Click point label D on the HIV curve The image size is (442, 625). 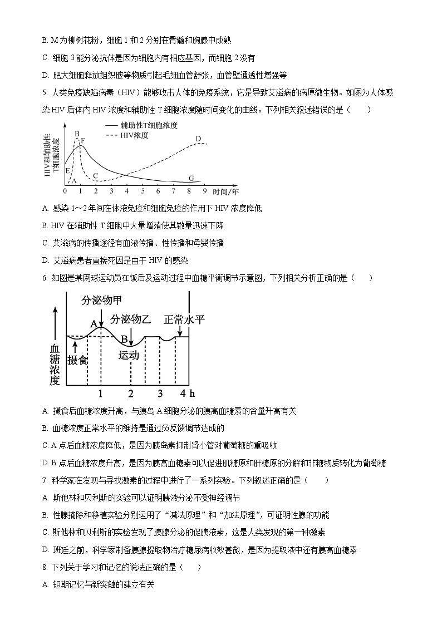click(198, 139)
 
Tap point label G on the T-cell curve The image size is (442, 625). click(190, 178)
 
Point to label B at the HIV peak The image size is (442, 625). click(77, 134)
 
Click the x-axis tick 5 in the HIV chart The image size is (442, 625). click(143, 191)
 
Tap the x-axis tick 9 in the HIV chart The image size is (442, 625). click(205, 191)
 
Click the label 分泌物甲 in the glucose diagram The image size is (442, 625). click(101, 301)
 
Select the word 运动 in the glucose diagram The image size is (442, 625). click(129, 355)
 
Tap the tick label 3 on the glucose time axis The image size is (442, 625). click(160, 393)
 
